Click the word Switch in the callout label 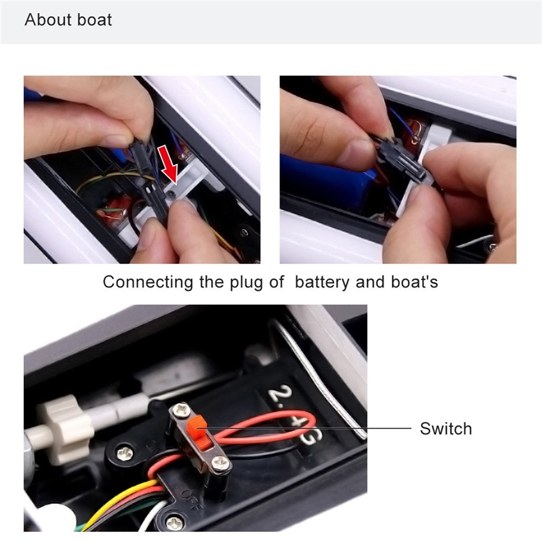[446, 429]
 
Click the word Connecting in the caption [148, 282]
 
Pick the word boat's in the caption [415, 282]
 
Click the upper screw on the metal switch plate [182, 410]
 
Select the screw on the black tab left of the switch [125, 453]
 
